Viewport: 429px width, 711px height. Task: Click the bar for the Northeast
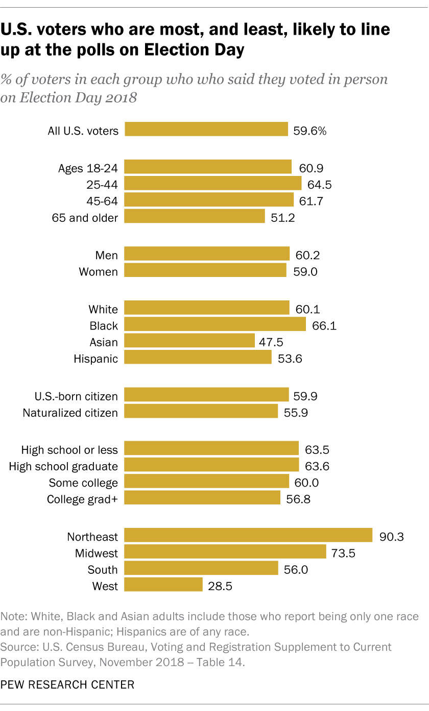point(248,535)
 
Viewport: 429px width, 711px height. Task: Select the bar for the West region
point(163,585)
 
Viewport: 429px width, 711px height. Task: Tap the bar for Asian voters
point(189,341)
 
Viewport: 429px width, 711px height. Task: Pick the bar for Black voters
point(215,324)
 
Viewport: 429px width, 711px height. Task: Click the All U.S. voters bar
point(206,130)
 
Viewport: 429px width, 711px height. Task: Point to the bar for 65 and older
point(195,217)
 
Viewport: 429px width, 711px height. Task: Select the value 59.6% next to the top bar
point(309,131)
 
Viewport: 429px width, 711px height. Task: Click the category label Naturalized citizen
point(70,413)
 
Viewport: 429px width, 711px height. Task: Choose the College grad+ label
point(82,499)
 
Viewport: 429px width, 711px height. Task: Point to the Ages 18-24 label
point(88,169)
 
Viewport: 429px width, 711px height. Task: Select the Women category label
point(98,272)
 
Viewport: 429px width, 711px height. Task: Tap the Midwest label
point(96,553)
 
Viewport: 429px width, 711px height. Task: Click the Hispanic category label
point(96,359)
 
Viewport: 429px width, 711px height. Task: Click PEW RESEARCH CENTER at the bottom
point(68,684)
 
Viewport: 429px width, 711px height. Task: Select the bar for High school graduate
point(211,465)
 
